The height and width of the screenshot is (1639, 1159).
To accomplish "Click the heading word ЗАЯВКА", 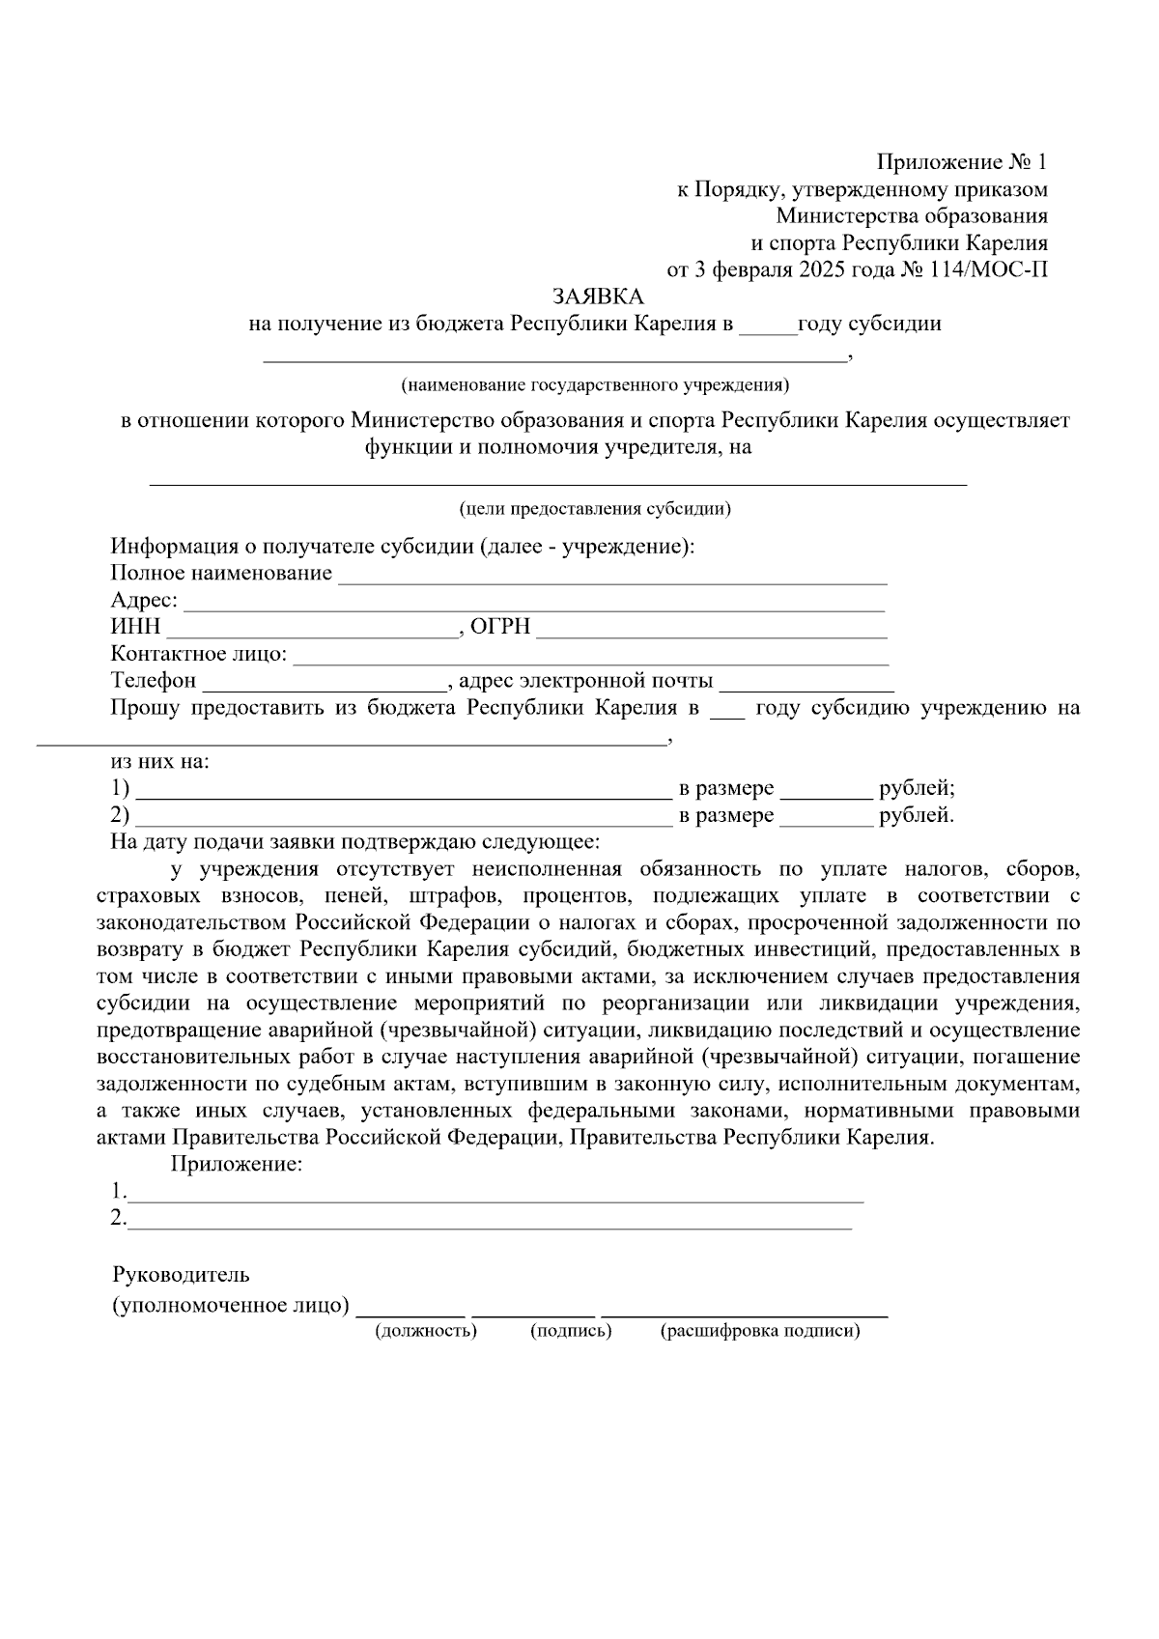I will (597, 297).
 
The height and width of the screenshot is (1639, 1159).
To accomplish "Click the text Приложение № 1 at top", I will (961, 161).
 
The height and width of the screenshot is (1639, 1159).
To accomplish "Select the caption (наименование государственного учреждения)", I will (595, 385).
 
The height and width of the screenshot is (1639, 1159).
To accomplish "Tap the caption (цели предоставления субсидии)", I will (595, 508).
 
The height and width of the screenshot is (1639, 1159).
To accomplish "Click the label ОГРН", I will (500, 628).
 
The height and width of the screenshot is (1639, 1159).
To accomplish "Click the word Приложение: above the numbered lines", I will (237, 1164).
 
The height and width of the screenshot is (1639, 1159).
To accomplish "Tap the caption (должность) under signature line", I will (426, 1331).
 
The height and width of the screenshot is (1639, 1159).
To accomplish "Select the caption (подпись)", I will (571, 1331).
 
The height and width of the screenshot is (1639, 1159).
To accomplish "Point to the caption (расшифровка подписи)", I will (760, 1331).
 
